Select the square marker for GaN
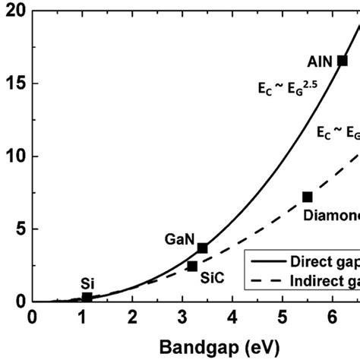pyautogui.click(x=202, y=248)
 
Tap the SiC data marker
pyautogui.click(x=192, y=267)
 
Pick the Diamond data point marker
pyautogui.click(x=307, y=197)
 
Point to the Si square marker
pyautogui.click(x=87, y=297)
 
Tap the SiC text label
pyautogui.click(x=212, y=278)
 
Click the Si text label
pyautogui.click(x=87, y=283)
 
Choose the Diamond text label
pyautogui.click(x=331, y=215)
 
